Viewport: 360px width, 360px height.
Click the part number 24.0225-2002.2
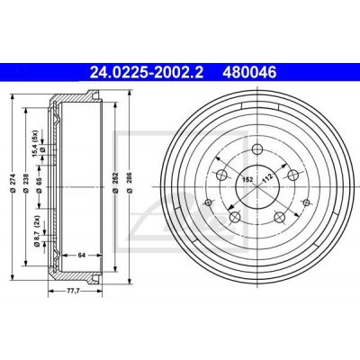[147, 72]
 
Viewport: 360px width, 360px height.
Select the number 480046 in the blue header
[249, 72]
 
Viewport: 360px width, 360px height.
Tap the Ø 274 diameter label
[13, 183]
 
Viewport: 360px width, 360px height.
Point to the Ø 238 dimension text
[25, 183]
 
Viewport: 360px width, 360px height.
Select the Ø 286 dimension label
[130, 183]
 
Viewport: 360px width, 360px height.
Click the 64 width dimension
[82, 256]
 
